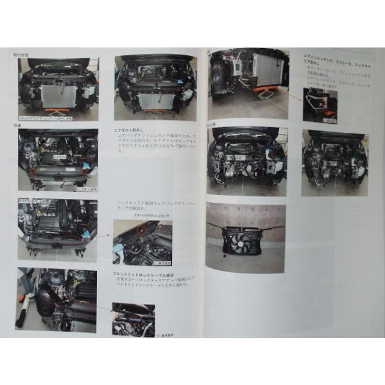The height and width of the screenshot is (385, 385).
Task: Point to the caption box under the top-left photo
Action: (55, 118)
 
